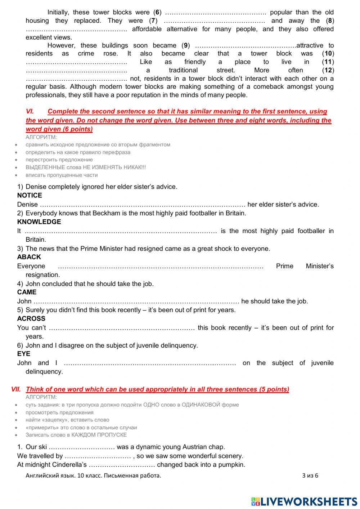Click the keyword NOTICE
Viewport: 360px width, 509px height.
coord(30,196)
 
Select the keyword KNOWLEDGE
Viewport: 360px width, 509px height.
coord(39,222)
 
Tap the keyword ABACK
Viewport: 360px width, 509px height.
coord(29,257)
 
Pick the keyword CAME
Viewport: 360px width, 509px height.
coord(27,292)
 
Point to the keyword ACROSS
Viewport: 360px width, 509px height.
coord(31,319)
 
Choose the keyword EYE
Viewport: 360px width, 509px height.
coord(23,354)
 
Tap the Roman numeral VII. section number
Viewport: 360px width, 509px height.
coord(16,389)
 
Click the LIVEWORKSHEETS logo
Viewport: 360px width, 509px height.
coord(304,501)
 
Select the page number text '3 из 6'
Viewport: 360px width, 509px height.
coord(310,475)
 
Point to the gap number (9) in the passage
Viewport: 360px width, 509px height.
coord(185,45)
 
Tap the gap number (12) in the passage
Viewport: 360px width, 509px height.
coord(328,70)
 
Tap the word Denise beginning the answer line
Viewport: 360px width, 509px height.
coord(27,205)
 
